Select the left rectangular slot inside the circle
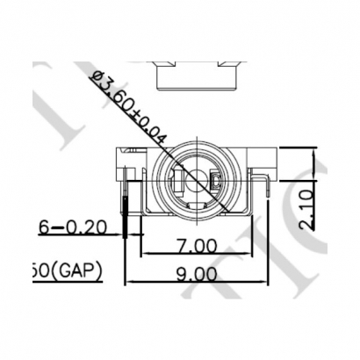coord(178,184)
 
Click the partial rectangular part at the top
coord(197,75)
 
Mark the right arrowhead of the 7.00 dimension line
coord(253,254)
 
